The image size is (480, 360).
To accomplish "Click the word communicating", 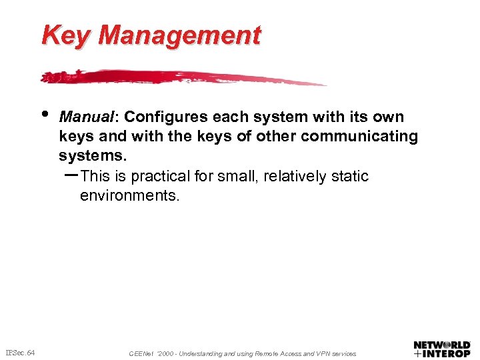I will click(360, 137).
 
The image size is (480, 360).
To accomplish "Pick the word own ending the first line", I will click(389, 117).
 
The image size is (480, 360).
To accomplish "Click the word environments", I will click(129, 196).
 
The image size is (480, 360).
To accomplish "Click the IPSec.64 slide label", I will click(20, 352).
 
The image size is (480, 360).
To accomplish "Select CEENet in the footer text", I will click(140, 353).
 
